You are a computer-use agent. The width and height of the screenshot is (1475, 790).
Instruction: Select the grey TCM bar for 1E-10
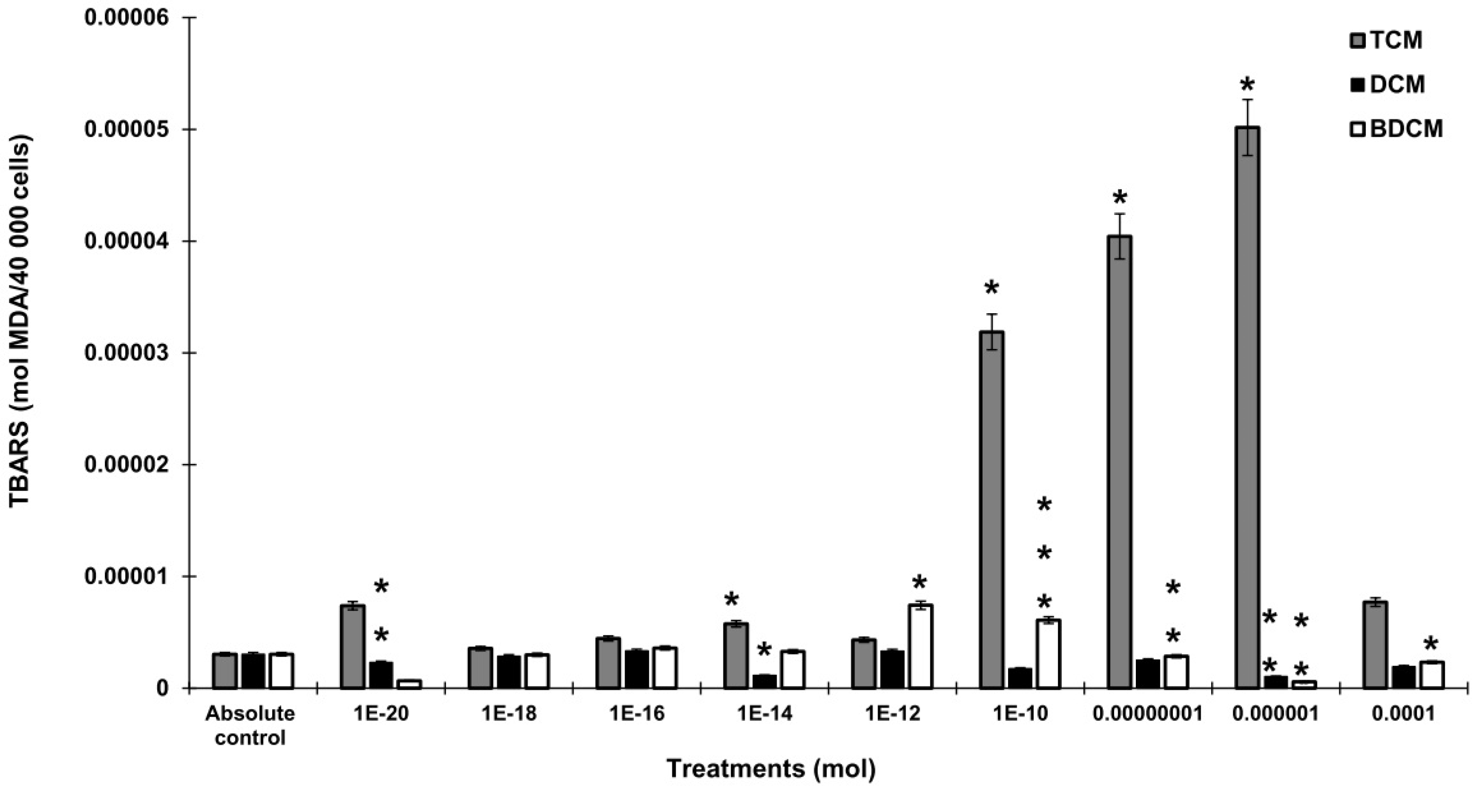[x=991, y=510]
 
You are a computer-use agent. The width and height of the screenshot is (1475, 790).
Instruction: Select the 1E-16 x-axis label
[x=636, y=715]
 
